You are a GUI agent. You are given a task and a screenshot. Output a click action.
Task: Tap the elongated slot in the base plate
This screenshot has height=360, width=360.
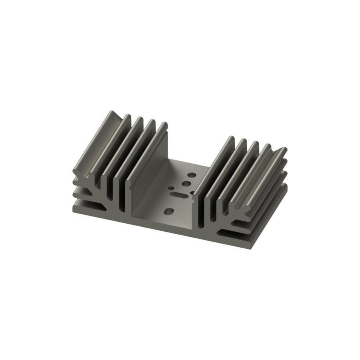[179, 195]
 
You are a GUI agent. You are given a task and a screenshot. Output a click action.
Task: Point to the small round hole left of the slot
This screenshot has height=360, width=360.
[171, 188]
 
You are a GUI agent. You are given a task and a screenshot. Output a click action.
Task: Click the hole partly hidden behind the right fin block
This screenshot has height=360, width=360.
[192, 193]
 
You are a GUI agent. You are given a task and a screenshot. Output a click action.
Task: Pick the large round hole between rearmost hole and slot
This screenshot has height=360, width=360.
[186, 184]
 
